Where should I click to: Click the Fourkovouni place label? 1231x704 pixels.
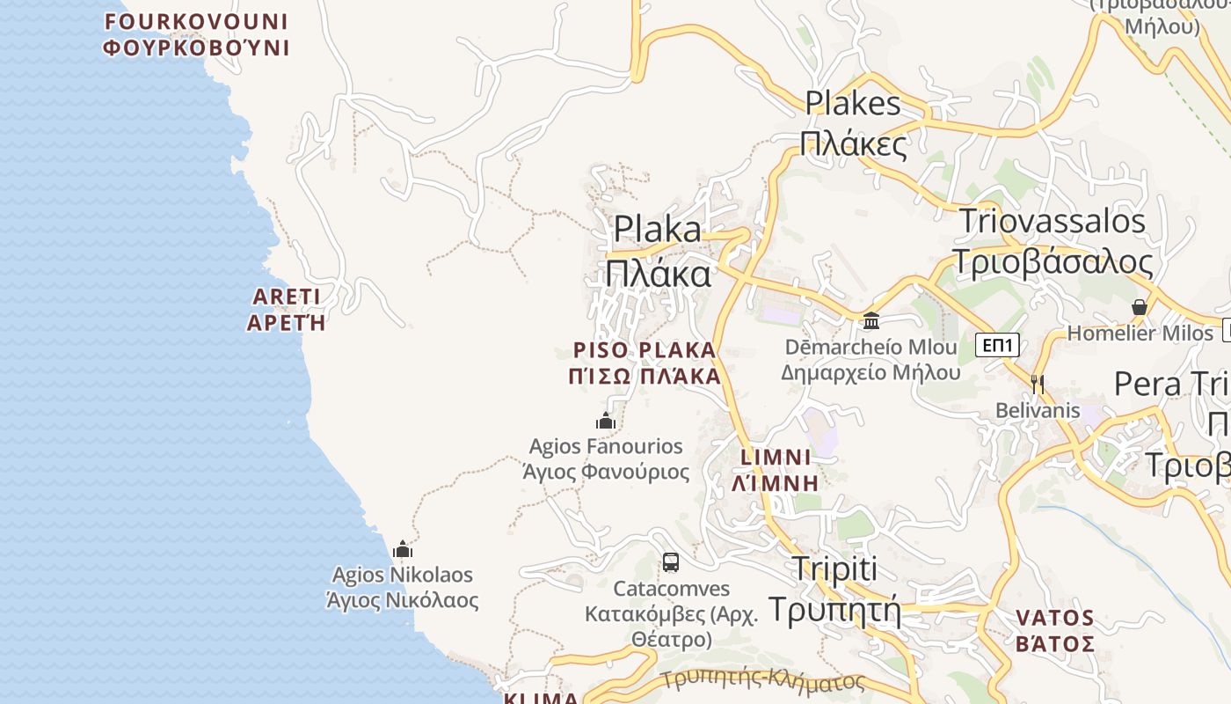pyautogui.click(x=196, y=34)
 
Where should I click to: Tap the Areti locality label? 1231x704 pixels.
pyautogui.click(x=287, y=309)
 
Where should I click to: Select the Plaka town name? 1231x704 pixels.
pyautogui.click(x=658, y=251)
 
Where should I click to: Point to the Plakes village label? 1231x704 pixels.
pyautogui.click(x=853, y=122)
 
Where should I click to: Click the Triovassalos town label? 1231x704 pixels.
pyautogui.click(x=1053, y=241)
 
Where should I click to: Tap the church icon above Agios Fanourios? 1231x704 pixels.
pyautogui.click(x=606, y=421)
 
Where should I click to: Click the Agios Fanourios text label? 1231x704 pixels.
pyautogui.click(x=606, y=458)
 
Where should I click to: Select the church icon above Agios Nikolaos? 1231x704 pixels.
pyautogui.click(x=403, y=550)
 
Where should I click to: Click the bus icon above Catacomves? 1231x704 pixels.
pyautogui.click(x=671, y=562)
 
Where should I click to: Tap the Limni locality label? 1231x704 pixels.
pyautogui.click(x=776, y=470)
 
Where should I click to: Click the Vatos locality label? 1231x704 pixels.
pyautogui.click(x=1055, y=630)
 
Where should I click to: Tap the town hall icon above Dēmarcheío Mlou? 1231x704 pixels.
pyautogui.click(x=871, y=320)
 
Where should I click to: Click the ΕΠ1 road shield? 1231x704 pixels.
pyautogui.click(x=997, y=345)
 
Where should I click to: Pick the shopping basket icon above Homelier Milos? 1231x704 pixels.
pyautogui.click(x=1140, y=308)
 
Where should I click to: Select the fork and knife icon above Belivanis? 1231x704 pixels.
pyautogui.click(x=1038, y=384)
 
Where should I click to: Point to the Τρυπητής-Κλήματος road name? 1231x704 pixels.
pyautogui.click(x=763, y=679)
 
